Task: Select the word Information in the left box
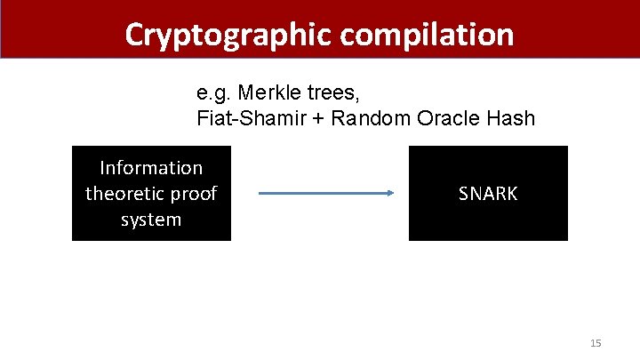[x=151, y=168]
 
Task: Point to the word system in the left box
[x=151, y=220]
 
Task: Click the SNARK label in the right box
[x=488, y=194]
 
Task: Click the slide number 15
[x=596, y=343]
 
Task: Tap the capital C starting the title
[x=135, y=34]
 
